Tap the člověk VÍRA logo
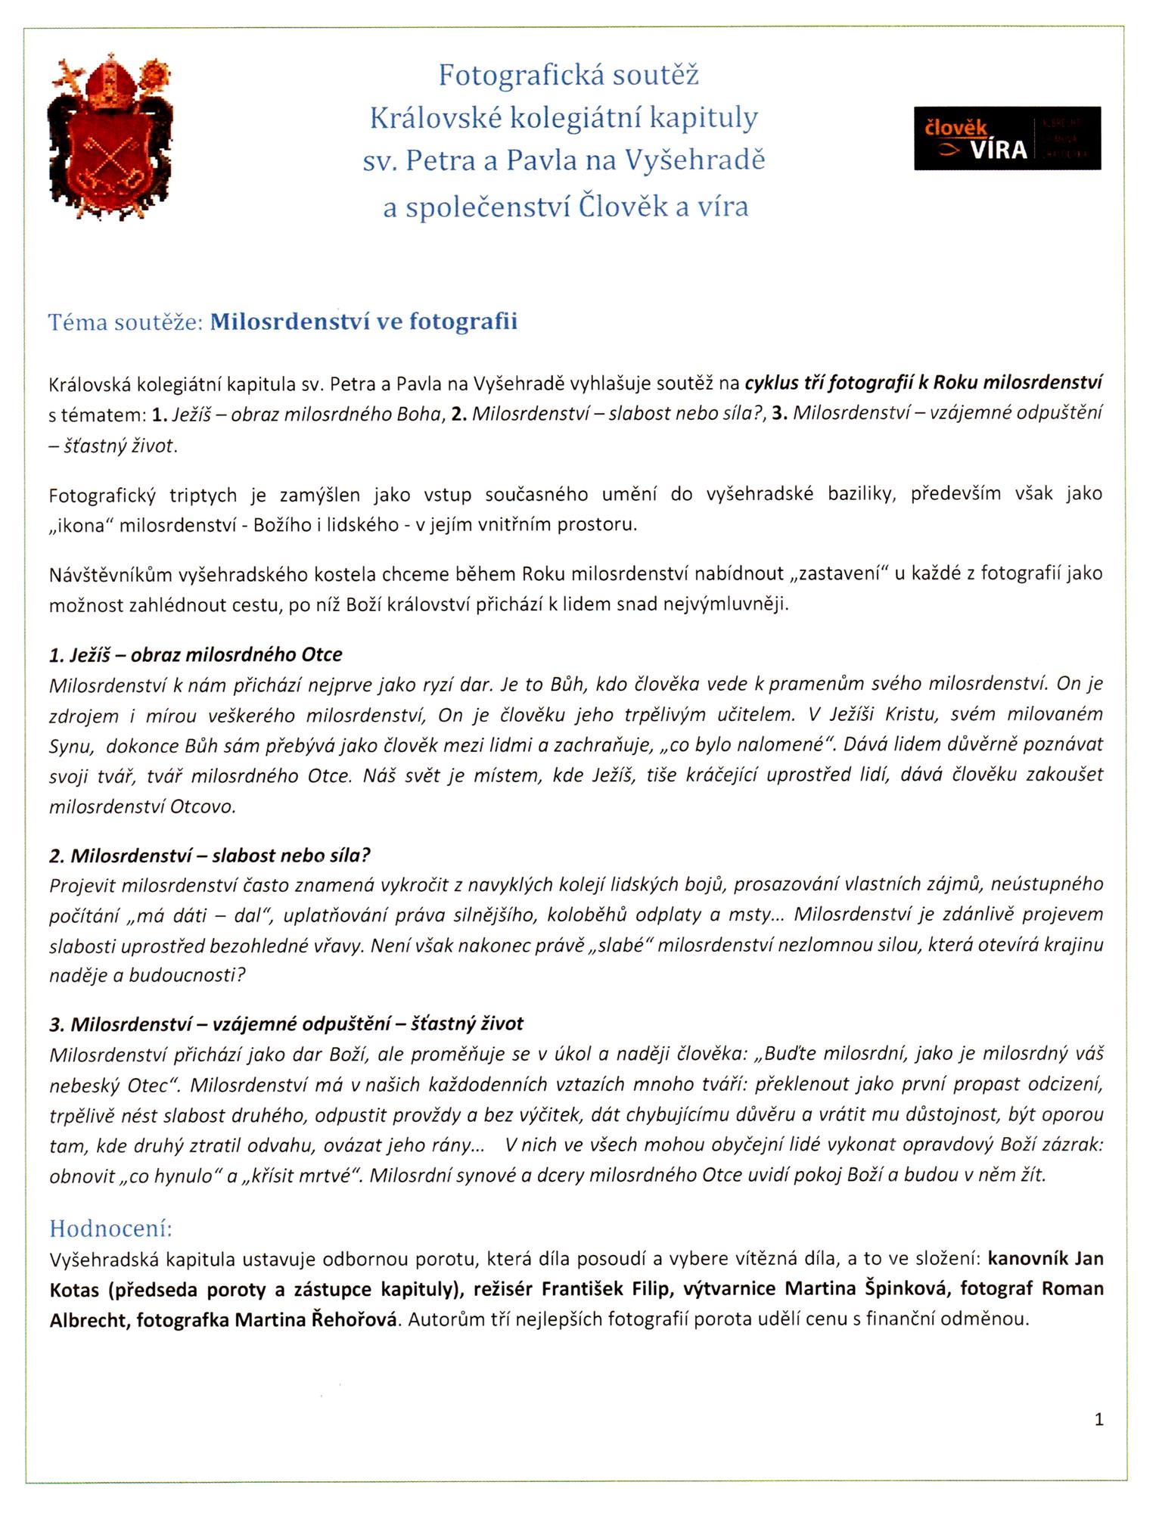tap(1007, 138)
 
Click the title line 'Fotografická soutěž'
tap(568, 75)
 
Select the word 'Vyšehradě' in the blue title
tap(694, 160)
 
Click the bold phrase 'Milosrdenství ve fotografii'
tap(363, 322)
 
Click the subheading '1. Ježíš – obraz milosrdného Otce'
tap(196, 654)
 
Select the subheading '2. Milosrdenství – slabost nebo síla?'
tap(210, 856)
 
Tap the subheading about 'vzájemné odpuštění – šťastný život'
tap(286, 1024)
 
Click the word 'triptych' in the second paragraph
tap(203, 496)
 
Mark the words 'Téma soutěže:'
tap(126, 322)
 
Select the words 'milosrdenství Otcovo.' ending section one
tap(142, 806)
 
